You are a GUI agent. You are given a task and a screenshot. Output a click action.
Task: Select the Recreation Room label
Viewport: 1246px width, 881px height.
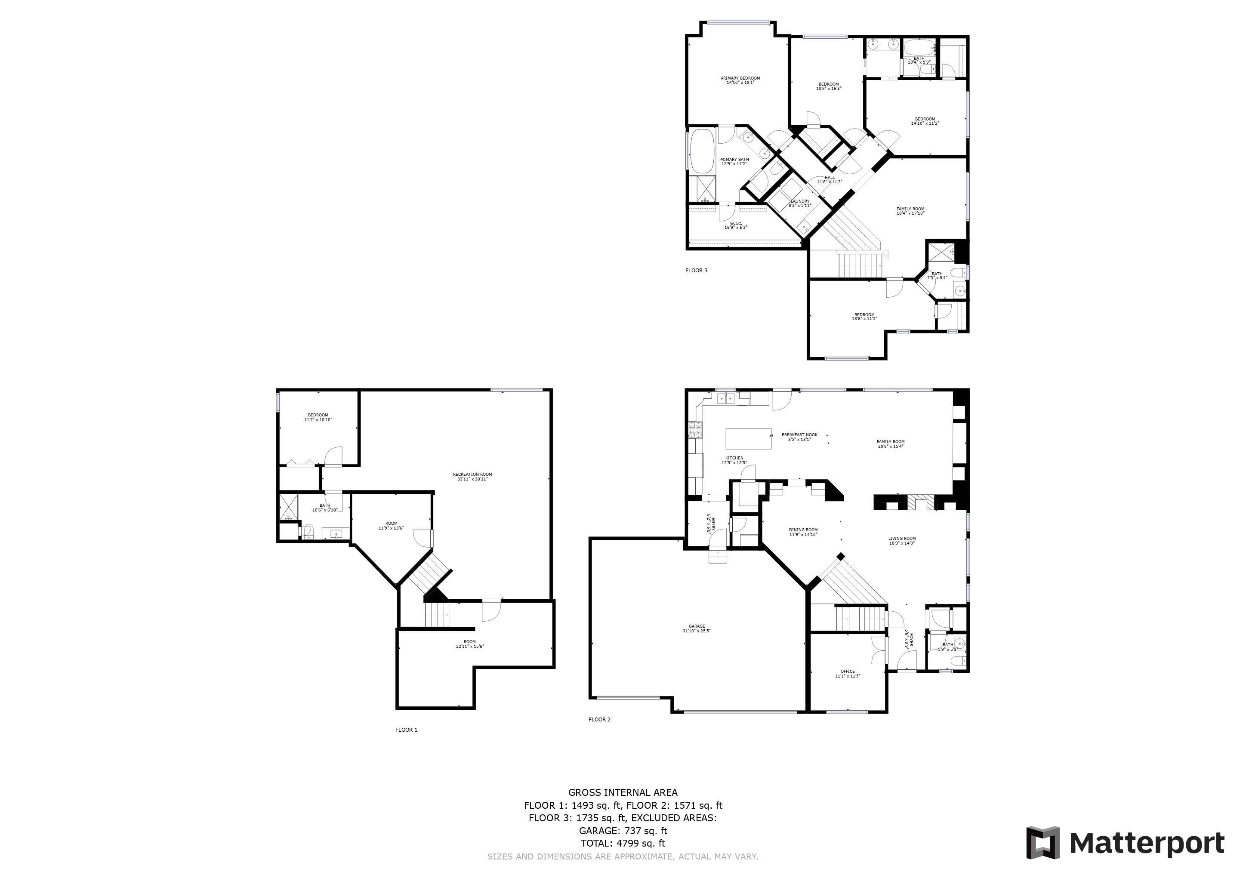click(472, 477)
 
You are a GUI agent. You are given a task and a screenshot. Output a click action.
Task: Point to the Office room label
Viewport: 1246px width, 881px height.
click(847, 673)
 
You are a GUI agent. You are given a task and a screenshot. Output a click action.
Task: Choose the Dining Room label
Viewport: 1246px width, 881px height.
click(803, 532)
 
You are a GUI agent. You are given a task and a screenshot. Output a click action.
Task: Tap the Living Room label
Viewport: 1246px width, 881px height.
click(902, 540)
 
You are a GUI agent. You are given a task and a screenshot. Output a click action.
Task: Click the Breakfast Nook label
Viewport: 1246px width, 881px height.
click(799, 437)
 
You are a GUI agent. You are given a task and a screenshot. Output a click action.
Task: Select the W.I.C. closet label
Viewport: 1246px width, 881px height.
click(736, 225)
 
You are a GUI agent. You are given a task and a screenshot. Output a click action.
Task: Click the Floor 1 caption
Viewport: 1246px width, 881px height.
click(406, 730)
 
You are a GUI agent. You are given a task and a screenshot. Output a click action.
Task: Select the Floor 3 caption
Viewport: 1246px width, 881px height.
click(696, 270)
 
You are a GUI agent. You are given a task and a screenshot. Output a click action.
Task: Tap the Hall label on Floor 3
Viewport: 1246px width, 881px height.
click(829, 179)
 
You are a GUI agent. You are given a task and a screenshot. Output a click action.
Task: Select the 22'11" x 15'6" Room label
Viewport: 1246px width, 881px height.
click(469, 644)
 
